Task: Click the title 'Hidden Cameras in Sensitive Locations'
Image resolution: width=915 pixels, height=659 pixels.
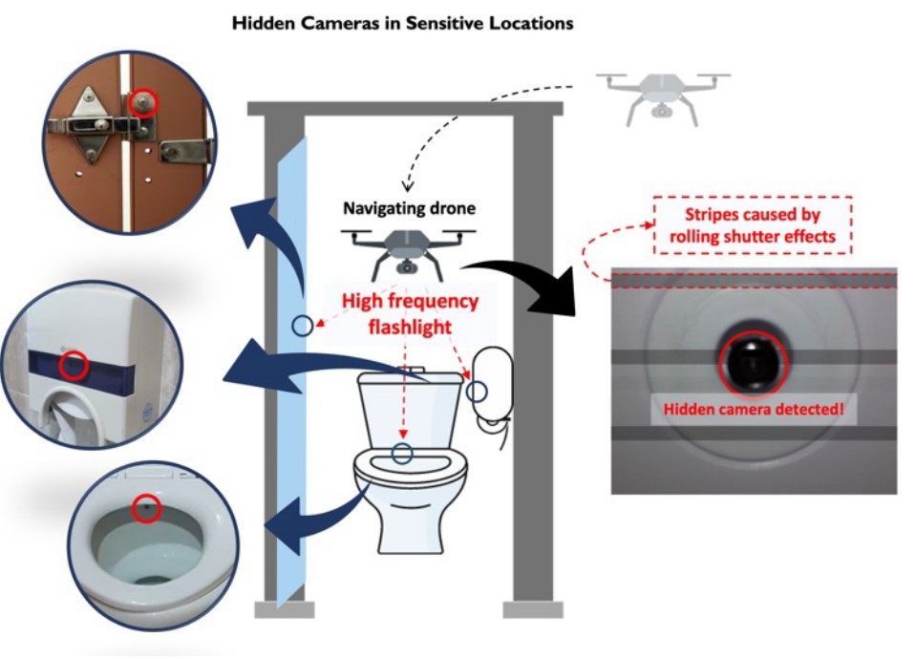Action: click(402, 22)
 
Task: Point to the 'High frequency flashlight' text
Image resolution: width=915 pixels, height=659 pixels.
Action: click(411, 314)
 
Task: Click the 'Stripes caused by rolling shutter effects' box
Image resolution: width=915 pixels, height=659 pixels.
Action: click(753, 225)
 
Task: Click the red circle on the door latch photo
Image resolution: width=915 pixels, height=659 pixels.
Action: click(144, 103)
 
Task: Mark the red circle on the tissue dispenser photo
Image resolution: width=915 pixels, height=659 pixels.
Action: click(74, 364)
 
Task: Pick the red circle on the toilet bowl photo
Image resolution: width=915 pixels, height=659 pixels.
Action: click(145, 507)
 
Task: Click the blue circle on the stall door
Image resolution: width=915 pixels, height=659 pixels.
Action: click(302, 326)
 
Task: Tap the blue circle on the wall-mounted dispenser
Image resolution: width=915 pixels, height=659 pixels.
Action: click(477, 392)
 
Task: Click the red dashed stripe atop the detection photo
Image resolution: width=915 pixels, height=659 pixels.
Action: click(754, 279)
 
